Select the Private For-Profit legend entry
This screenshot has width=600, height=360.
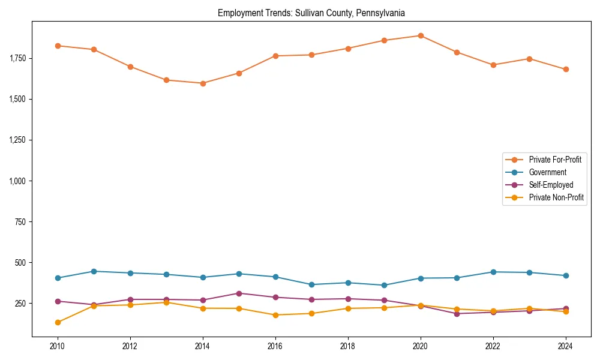(x=555, y=160)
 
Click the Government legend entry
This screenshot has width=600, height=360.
(x=547, y=172)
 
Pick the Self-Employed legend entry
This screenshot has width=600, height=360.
(x=551, y=185)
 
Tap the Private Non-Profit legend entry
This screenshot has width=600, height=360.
(x=556, y=197)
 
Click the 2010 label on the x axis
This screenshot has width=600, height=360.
(x=58, y=346)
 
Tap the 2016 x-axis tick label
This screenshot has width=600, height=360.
(x=275, y=346)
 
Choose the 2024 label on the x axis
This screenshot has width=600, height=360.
(x=566, y=346)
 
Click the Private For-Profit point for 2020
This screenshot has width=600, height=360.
(x=421, y=35)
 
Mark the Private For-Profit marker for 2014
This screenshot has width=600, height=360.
(x=203, y=83)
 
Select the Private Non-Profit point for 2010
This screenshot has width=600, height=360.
(x=58, y=322)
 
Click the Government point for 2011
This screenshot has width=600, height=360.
(x=94, y=271)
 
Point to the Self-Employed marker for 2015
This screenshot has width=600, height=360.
(x=239, y=293)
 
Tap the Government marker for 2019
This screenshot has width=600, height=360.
(x=384, y=285)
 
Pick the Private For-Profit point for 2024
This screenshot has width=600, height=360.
(x=566, y=70)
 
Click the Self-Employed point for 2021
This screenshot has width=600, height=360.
(x=457, y=314)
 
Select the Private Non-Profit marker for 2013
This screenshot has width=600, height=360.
(x=166, y=302)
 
